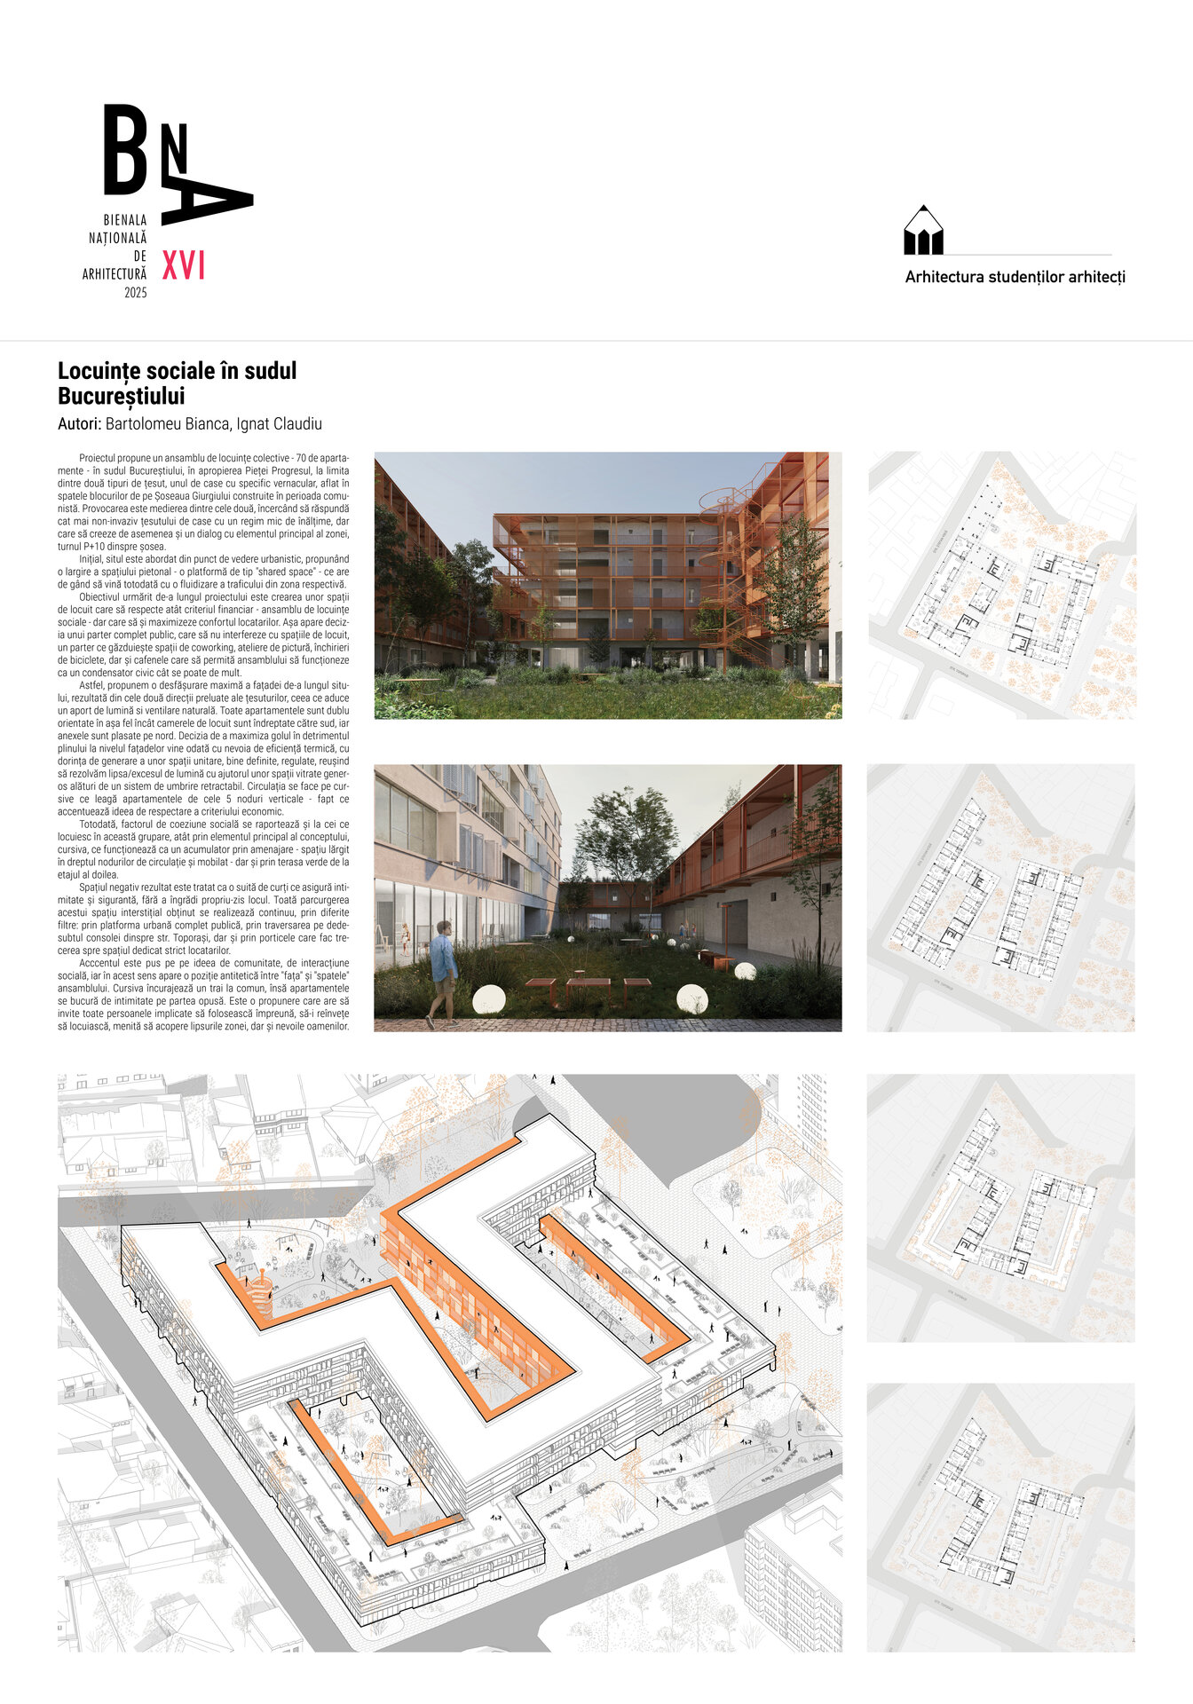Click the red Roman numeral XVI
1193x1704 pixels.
184,265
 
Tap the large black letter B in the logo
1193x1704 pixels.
125,150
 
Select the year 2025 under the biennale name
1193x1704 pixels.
136,293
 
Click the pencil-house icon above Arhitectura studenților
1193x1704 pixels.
923,233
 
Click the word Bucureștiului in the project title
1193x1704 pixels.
121,396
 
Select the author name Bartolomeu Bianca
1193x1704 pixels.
167,424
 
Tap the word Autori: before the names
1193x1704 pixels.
79,424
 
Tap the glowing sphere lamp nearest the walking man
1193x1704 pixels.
488,998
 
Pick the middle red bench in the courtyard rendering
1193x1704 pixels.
588,983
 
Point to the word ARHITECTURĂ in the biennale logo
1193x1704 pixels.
115,275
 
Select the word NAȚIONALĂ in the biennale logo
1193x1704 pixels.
117,238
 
